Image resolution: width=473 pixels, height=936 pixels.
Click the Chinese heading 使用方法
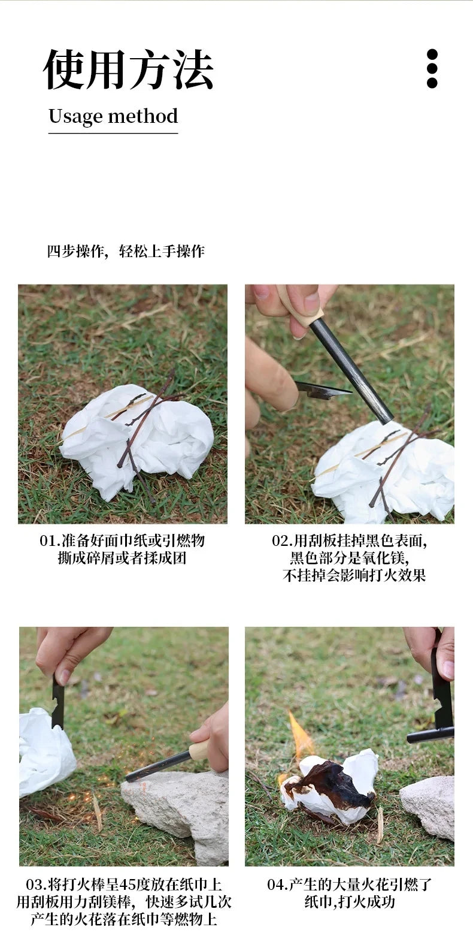coord(128,70)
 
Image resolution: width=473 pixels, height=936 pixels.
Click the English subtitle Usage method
coord(113,116)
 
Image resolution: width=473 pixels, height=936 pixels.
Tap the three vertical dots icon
coord(432,69)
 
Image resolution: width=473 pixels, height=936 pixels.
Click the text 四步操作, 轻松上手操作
coord(126,251)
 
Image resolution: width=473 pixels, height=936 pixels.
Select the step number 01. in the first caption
coord(50,541)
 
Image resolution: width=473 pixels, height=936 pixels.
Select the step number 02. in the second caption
coord(282,541)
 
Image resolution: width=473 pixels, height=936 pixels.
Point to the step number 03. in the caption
coord(37,884)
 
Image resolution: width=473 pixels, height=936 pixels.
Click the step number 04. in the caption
coord(277,884)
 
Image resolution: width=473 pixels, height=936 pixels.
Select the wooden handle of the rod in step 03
coord(199,750)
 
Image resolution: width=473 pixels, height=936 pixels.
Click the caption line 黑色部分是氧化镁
coord(349,558)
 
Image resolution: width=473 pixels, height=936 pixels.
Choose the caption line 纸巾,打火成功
coord(349,902)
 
